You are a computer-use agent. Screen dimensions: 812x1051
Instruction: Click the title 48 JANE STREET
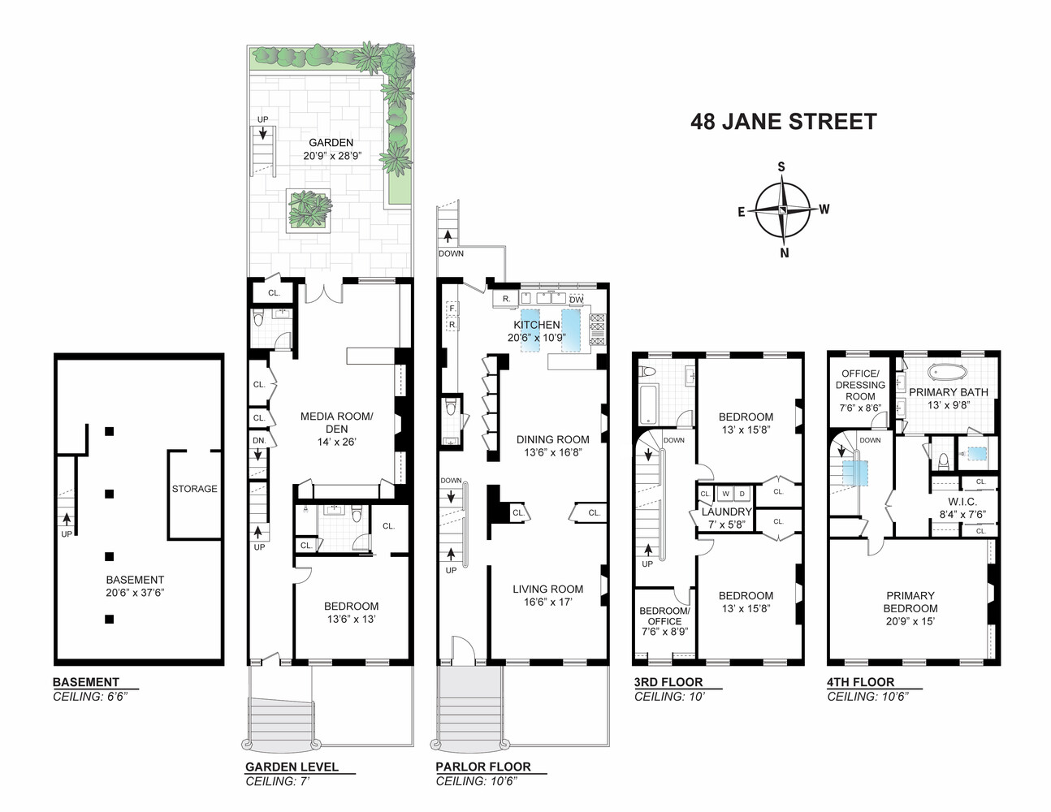(783, 122)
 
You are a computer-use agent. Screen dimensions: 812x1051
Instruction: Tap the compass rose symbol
(782, 209)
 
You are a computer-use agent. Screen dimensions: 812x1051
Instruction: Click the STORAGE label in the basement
(194, 489)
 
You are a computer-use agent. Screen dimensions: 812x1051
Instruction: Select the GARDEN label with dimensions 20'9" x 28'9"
(331, 149)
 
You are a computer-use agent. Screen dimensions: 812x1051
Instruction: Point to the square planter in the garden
(309, 209)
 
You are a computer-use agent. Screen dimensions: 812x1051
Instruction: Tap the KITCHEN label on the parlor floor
(537, 325)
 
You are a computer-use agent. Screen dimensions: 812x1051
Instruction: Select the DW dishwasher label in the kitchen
(576, 300)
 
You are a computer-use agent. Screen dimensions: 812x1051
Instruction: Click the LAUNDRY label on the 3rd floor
(726, 512)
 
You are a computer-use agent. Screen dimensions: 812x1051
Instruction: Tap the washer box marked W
(725, 494)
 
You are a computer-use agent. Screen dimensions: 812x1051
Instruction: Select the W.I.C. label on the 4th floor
(962, 502)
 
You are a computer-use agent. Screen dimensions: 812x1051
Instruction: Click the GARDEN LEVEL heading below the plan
(292, 767)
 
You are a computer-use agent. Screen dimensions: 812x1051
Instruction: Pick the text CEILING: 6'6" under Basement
(90, 697)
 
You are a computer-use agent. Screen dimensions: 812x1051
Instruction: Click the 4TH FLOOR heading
(860, 682)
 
